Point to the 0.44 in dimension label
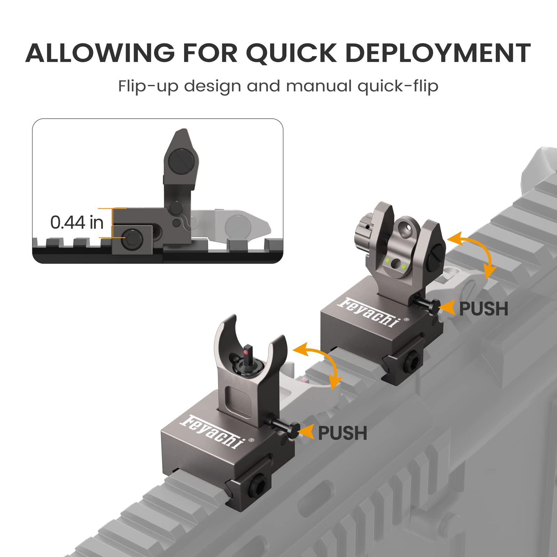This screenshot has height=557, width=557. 77,222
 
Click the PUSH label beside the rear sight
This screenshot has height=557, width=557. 484,309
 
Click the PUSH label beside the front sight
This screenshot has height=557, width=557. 343,433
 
